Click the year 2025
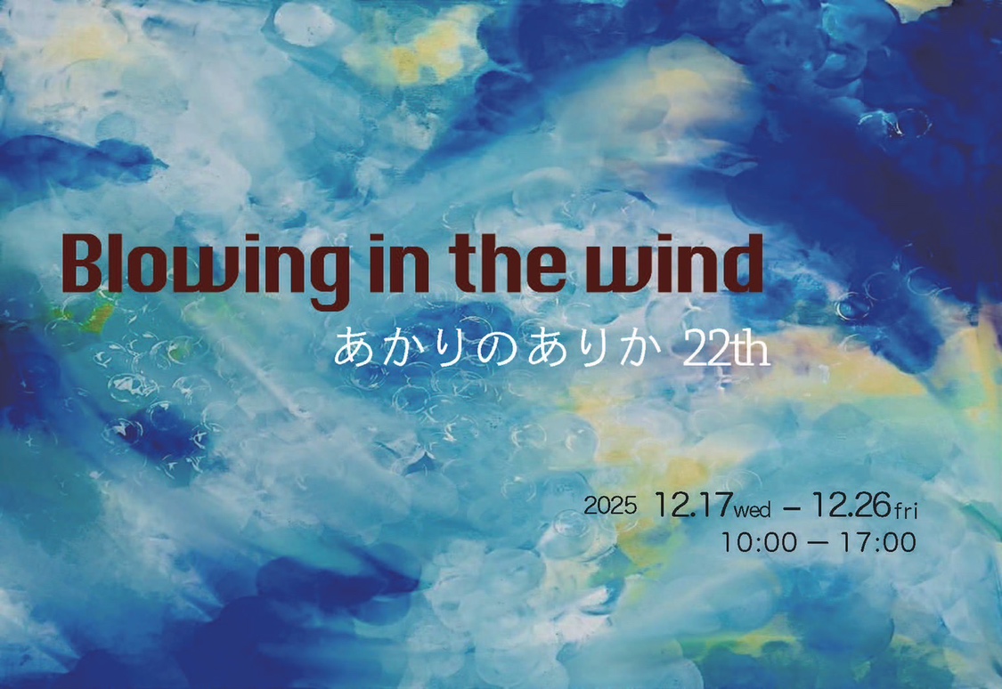point(610,506)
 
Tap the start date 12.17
point(693,505)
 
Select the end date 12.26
point(851,505)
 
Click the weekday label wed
point(752,510)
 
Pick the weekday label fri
point(906,510)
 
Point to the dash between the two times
point(819,543)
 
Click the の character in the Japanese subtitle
point(493,348)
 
